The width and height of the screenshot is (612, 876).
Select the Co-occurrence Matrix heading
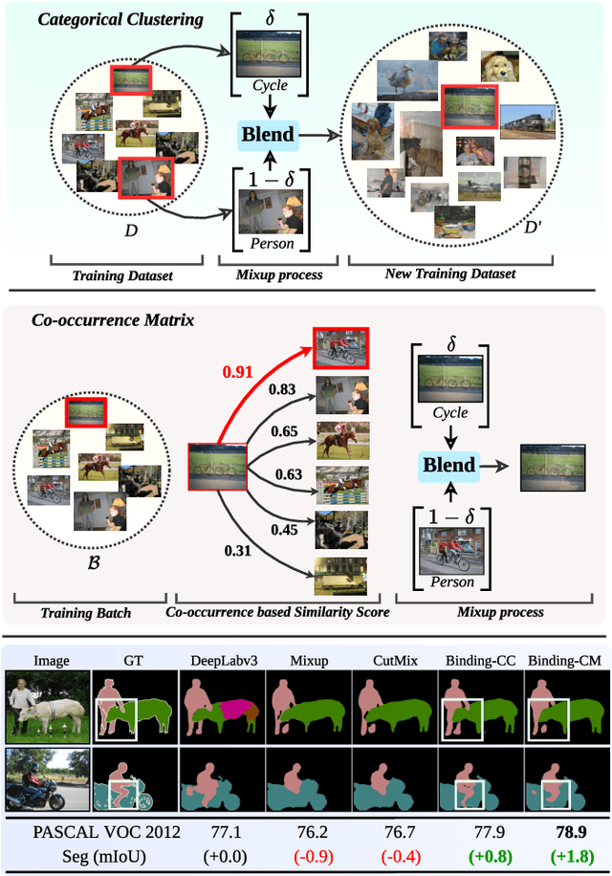(112, 320)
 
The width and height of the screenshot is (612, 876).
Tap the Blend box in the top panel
(268, 134)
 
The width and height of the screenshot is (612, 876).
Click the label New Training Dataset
(449, 274)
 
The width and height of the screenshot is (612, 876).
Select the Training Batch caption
(87, 611)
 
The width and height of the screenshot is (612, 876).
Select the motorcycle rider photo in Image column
(46, 779)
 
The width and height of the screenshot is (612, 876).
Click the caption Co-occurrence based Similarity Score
(277, 611)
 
